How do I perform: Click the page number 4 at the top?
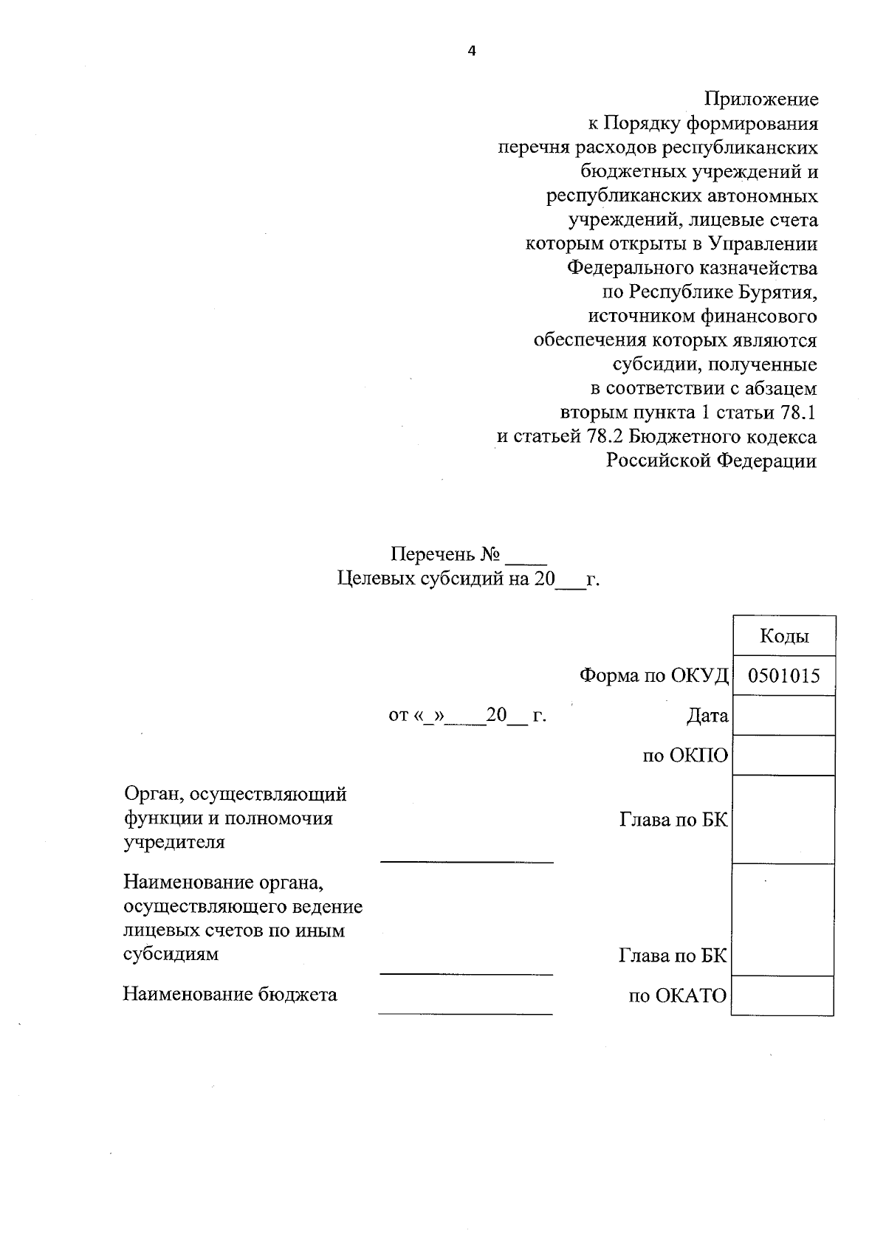pos(472,50)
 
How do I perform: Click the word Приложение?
pos(761,99)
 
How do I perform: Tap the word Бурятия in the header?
pos(777,292)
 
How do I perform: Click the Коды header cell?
pos(784,636)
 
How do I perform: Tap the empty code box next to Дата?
pos(784,716)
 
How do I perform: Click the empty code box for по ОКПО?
pos(784,756)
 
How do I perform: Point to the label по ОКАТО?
pos(678,997)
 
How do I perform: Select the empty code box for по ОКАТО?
pos(783,996)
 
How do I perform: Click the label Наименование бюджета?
pos(230,995)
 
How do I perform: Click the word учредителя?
pos(174,842)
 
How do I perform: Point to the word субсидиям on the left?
pos(171,954)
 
